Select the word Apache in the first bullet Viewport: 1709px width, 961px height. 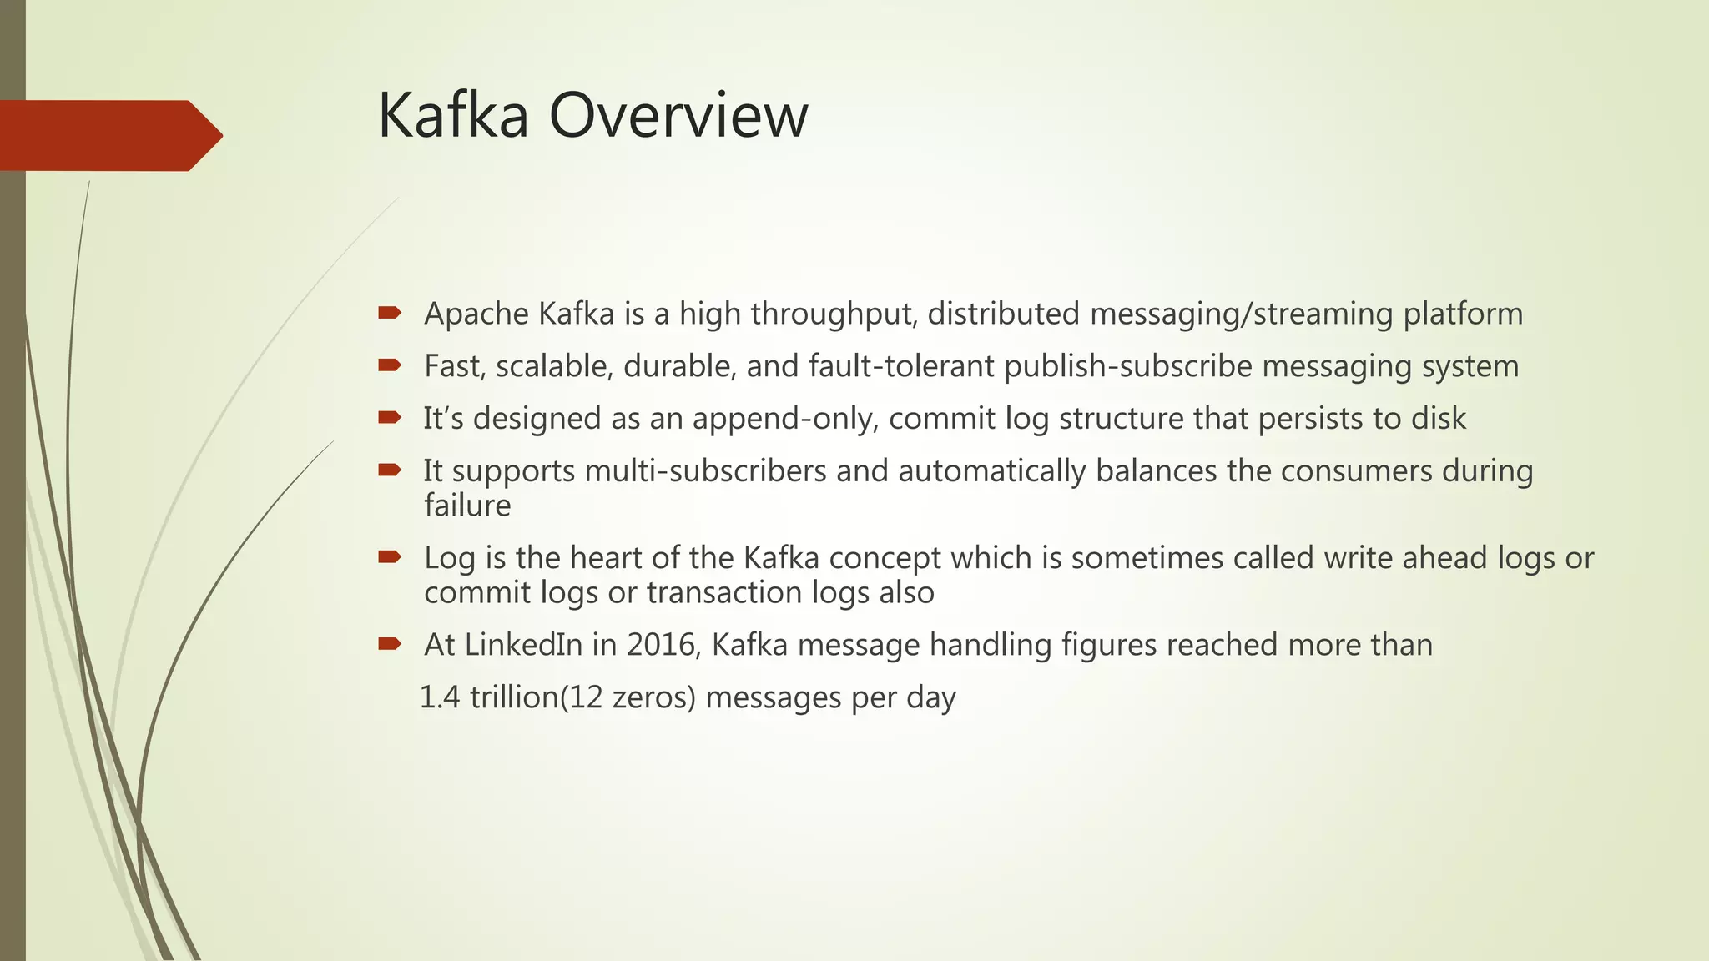pos(476,314)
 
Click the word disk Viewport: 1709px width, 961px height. pos(1439,419)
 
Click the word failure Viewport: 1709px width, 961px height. pos(467,506)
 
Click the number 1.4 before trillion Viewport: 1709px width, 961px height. pos(440,697)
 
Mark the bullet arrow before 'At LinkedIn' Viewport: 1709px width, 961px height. pos(390,643)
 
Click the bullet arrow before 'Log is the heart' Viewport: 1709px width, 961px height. pos(390,556)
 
